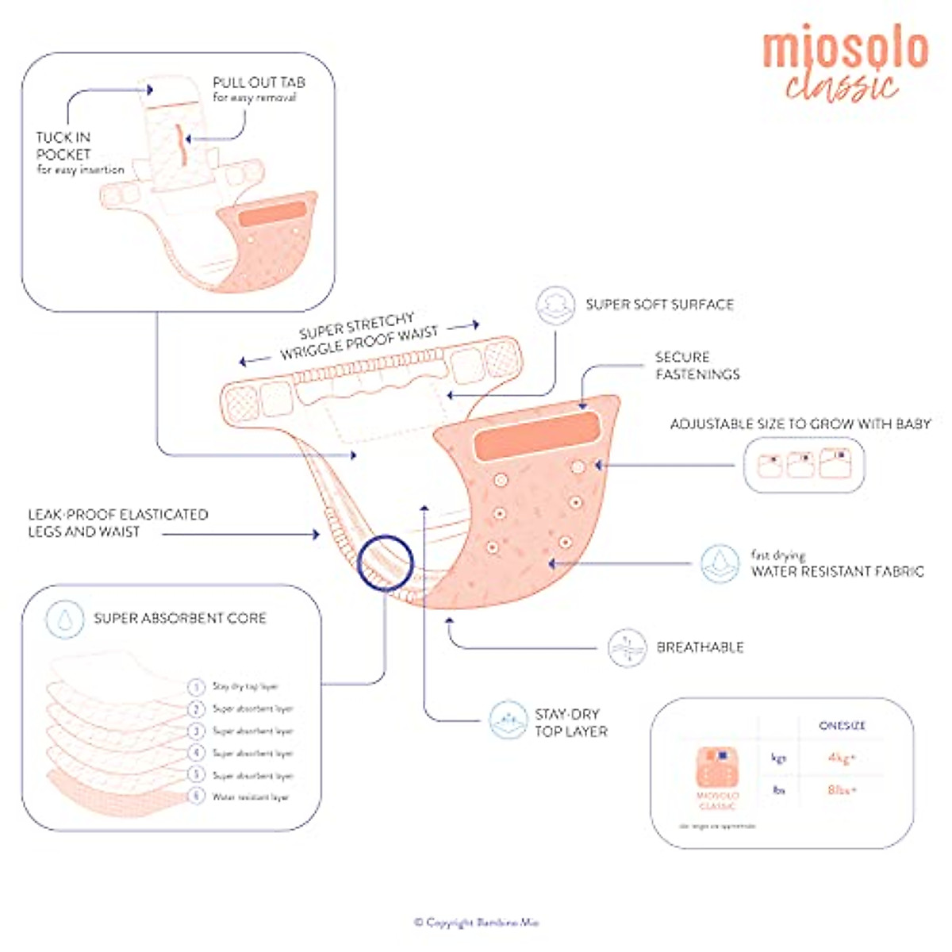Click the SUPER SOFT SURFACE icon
pyautogui.click(x=555, y=305)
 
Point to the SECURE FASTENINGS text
pyautogui.click(x=697, y=366)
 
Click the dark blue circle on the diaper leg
pyautogui.click(x=385, y=562)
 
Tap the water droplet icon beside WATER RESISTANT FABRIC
pyautogui.click(x=720, y=563)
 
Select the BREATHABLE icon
pyautogui.click(x=627, y=647)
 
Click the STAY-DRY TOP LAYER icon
pyautogui.click(x=508, y=720)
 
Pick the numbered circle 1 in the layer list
pyautogui.click(x=196, y=687)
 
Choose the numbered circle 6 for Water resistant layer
pyautogui.click(x=196, y=797)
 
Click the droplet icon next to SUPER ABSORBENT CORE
pyautogui.click(x=65, y=619)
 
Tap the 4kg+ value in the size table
pyautogui.click(x=843, y=758)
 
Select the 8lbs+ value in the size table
pyautogui.click(x=843, y=790)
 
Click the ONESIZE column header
pyautogui.click(x=843, y=726)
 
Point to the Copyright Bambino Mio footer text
pyautogui.click(x=476, y=923)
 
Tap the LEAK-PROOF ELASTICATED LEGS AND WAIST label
pyautogui.click(x=117, y=524)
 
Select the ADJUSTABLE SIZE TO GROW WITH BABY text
pyautogui.click(x=800, y=424)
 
